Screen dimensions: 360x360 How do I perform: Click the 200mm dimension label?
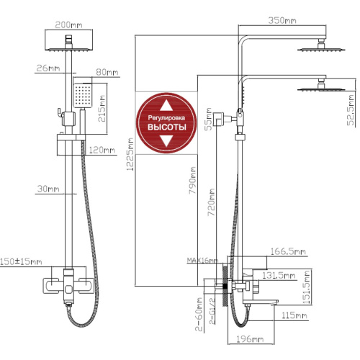[x=68, y=25]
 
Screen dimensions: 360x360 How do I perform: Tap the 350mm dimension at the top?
[x=282, y=20]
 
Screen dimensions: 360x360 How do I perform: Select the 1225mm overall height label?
[x=130, y=154]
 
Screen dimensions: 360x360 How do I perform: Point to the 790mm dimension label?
[x=192, y=181]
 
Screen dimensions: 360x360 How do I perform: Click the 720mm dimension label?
[x=211, y=202]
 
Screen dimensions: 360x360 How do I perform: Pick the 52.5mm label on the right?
[x=351, y=110]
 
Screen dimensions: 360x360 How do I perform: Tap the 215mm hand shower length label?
[x=102, y=109]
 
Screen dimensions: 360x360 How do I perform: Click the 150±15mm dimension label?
[x=21, y=261]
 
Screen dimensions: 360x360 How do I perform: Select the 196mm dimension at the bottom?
[x=250, y=339]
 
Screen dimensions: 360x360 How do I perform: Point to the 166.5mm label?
[x=288, y=251]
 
